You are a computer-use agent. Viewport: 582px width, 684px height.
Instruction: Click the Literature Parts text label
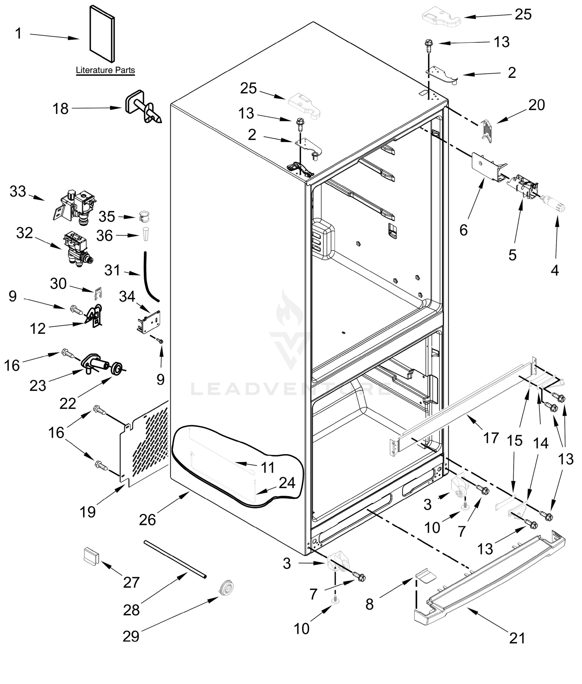pos(105,70)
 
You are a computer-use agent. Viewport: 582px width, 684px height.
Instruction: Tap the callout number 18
pos(61,109)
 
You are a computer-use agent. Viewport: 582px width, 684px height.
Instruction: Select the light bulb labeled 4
pos(555,207)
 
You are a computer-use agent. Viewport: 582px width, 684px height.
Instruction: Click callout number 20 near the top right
pos(537,105)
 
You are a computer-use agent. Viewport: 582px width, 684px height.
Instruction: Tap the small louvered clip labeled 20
pos(487,130)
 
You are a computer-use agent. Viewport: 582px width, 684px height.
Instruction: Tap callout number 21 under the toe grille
pos(517,638)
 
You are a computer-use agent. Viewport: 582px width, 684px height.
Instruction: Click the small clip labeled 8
pos(426,575)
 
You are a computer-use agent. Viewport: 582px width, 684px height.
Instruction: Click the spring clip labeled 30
pos(98,293)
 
